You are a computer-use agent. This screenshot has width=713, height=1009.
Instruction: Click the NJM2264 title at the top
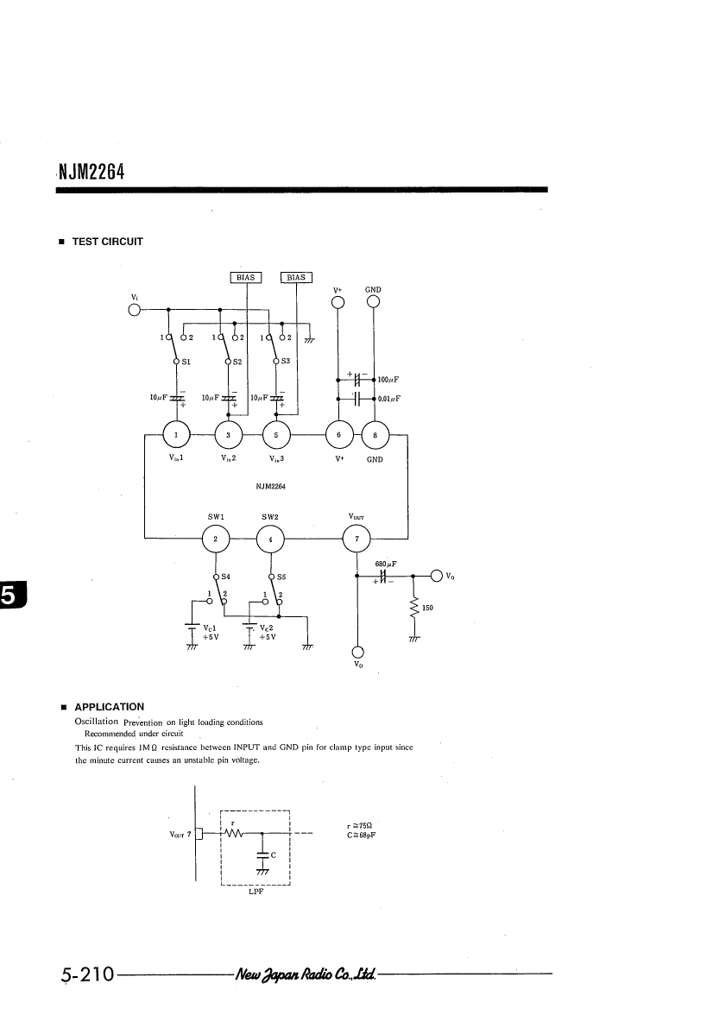tap(91, 172)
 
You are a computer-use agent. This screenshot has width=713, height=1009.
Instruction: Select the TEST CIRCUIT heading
tap(107, 242)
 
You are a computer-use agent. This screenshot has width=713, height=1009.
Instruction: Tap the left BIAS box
tap(246, 277)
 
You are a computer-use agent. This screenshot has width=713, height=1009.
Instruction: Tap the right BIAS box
tap(296, 277)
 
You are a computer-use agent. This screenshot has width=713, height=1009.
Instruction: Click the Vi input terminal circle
tap(135, 310)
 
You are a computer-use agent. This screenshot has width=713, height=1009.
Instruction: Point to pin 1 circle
tap(176, 435)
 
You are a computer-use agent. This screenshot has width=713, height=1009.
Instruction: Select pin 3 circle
tap(228, 435)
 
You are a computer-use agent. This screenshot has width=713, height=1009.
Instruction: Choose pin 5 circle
tap(276, 435)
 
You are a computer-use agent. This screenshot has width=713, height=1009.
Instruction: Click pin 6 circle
tap(338, 435)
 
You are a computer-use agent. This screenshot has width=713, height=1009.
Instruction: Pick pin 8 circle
tap(375, 435)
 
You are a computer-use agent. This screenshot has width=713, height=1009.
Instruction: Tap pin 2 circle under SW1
tap(216, 539)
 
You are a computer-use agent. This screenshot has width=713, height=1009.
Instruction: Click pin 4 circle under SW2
tap(270, 539)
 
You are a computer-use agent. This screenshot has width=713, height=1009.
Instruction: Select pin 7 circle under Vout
tap(356, 539)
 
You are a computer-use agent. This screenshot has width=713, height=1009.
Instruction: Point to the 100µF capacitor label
tap(388, 381)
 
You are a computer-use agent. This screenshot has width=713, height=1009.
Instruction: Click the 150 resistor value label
tap(427, 608)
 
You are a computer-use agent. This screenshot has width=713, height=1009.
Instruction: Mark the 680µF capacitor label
tap(386, 564)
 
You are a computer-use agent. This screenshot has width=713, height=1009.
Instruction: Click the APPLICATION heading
tap(110, 707)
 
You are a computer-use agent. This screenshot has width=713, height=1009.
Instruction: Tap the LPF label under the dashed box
tap(256, 892)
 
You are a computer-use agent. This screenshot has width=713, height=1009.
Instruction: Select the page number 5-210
tap(88, 974)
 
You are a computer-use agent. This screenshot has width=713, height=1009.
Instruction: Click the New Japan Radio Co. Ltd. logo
tap(306, 974)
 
